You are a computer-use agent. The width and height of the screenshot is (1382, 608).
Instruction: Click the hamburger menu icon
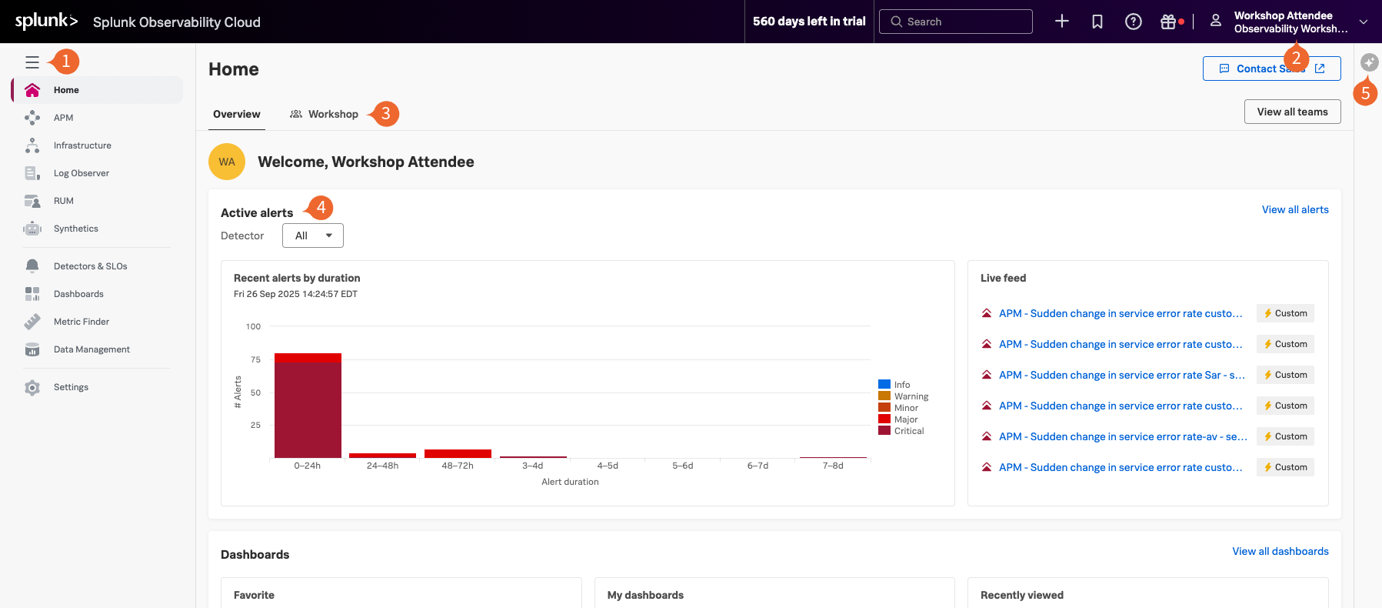32,62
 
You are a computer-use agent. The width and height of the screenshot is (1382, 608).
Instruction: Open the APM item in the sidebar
63,118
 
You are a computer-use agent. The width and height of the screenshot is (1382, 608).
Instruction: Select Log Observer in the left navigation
81,173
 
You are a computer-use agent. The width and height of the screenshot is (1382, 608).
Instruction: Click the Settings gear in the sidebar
32,387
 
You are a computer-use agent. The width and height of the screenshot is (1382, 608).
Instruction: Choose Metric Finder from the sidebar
81,322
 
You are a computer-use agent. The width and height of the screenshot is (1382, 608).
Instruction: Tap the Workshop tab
325,114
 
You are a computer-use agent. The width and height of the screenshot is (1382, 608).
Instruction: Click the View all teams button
1292,112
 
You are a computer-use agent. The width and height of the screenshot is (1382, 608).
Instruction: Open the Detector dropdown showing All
312,236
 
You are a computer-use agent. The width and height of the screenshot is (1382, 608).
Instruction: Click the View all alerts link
1295,209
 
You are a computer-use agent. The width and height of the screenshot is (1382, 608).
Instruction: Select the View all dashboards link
1280,551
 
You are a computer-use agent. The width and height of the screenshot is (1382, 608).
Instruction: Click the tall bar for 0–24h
308,408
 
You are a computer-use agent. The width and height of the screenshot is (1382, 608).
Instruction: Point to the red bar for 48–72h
458,453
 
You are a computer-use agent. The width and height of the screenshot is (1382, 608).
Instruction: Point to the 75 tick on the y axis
255,359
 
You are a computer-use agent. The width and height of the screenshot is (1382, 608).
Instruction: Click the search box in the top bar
955,22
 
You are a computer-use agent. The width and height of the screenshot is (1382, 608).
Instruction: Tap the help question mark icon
1133,22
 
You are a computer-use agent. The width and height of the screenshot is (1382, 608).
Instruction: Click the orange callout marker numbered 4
321,207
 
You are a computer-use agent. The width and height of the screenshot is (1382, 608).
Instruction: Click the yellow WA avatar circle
227,162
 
